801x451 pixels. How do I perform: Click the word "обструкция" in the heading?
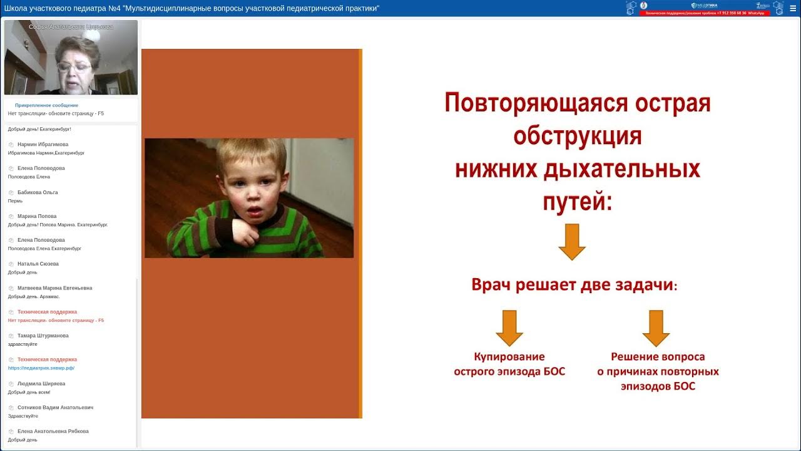[577, 136]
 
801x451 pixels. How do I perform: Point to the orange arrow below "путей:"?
[571, 242]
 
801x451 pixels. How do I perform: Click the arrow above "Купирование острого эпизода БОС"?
[509, 328]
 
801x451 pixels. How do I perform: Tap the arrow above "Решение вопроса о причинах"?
[656, 328]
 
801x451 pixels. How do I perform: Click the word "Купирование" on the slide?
[509, 356]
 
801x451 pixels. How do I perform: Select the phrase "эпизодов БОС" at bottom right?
[658, 386]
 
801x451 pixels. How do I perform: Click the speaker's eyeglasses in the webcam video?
[74, 66]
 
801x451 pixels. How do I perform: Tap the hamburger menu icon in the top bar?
[793, 8]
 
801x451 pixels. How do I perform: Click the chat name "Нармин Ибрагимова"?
[43, 145]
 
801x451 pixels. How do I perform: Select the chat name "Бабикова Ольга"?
[38, 192]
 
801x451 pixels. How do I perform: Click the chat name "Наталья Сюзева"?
[38, 264]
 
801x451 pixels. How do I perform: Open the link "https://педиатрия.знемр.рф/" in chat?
[41, 368]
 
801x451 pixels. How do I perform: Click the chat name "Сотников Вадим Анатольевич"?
[55, 408]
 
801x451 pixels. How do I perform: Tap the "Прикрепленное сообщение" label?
[46, 105]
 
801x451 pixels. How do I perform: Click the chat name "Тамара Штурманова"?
[43, 336]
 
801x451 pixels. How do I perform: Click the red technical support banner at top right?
[705, 13]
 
